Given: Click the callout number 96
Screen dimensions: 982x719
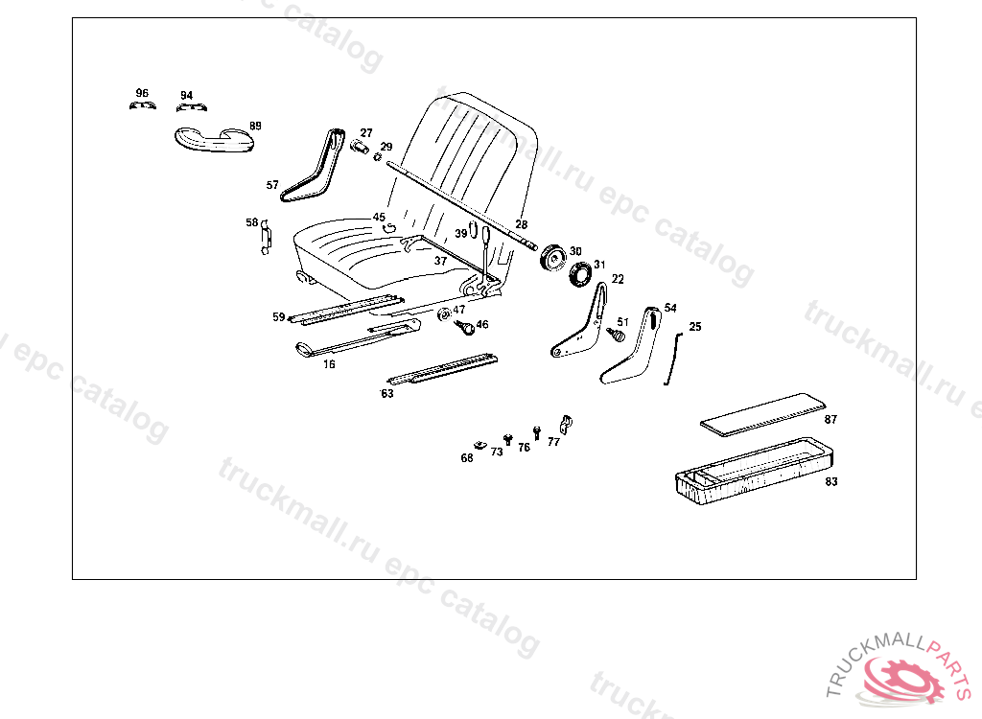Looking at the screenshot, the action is (x=142, y=93).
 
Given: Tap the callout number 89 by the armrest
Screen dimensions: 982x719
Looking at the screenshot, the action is (x=255, y=126).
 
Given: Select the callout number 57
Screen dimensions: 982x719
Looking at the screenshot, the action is (x=272, y=185).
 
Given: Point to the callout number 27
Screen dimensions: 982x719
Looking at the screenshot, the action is (x=366, y=132).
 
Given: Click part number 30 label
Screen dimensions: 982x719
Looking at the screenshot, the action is (x=575, y=251).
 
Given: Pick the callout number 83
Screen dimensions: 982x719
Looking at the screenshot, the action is (x=830, y=481).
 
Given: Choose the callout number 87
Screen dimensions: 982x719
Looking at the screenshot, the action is (x=830, y=420).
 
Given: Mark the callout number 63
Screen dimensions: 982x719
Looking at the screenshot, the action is (x=387, y=393).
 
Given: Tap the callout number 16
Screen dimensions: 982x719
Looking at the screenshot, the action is (x=329, y=364).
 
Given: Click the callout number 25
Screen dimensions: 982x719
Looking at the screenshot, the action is (x=695, y=327).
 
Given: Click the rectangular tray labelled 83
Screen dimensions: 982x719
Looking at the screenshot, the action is (x=748, y=471).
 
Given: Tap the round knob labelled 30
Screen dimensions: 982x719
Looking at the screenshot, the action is (x=552, y=259).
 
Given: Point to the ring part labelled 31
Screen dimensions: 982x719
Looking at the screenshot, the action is (x=580, y=276).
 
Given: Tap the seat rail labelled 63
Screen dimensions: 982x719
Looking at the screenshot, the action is (x=441, y=368).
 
